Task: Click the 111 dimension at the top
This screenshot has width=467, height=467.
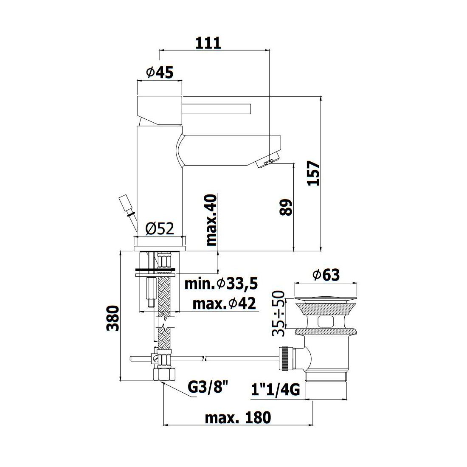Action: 208,43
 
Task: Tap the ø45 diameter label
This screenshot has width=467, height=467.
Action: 160,72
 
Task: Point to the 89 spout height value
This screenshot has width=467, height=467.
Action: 286,207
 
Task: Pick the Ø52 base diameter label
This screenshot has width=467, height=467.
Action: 160,229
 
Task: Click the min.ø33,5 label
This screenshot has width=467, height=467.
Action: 221,284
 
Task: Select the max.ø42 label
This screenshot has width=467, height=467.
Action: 224,304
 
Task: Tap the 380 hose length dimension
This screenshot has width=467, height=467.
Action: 113,318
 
